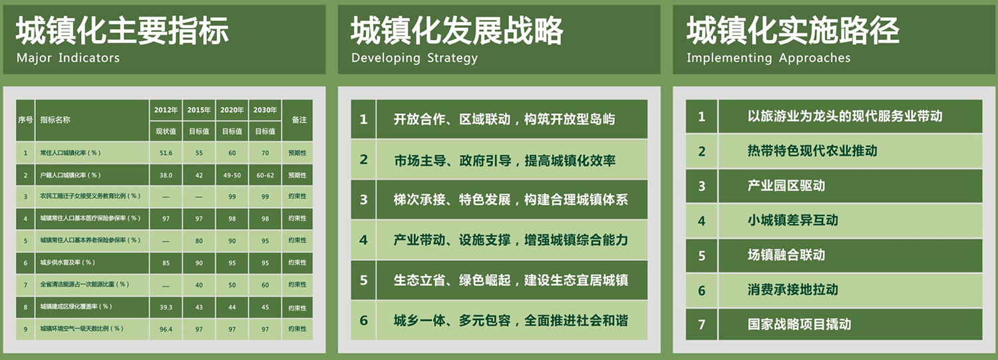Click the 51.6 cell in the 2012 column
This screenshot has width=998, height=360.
click(x=166, y=153)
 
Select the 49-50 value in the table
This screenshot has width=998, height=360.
click(x=232, y=175)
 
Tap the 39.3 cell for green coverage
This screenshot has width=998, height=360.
click(x=166, y=307)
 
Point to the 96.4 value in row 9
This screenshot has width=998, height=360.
click(x=166, y=329)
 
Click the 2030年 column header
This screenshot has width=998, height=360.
click(x=265, y=110)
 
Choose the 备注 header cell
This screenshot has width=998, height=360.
click(x=299, y=120)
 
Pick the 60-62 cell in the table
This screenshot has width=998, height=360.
click(x=265, y=175)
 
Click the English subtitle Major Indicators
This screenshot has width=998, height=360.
click(x=68, y=58)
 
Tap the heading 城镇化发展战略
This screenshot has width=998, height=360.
click(x=457, y=31)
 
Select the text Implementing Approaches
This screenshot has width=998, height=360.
click(x=768, y=58)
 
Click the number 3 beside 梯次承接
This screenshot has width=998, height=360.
click(x=363, y=200)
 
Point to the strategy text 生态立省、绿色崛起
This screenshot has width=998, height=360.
click(x=452, y=280)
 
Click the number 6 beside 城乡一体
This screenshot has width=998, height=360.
click(x=363, y=320)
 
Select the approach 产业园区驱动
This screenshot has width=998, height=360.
click(x=786, y=186)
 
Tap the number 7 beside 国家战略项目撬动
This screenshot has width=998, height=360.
click(x=701, y=324)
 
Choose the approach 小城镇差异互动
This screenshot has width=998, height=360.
click(x=793, y=220)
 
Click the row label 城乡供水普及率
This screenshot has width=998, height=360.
click(x=68, y=262)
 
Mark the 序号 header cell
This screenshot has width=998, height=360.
click(x=25, y=120)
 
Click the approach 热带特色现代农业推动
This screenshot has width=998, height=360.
click(x=812, y=150)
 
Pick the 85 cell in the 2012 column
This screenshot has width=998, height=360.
click(x=166, y=263)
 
